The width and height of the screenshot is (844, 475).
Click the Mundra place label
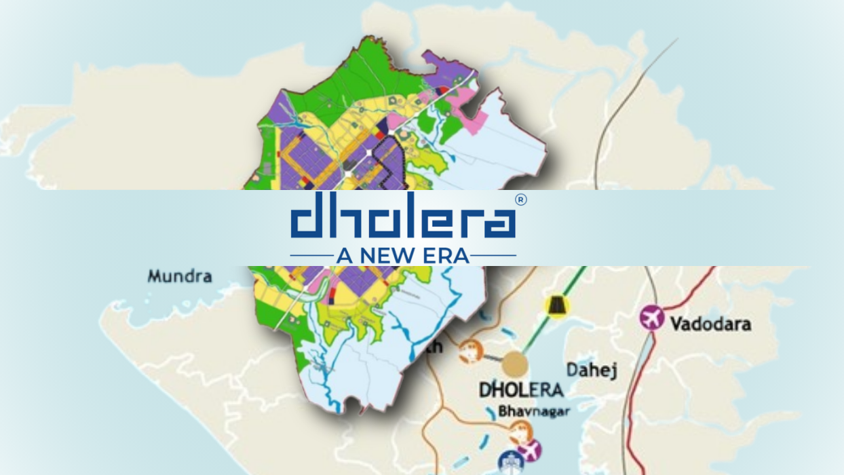point(180,276)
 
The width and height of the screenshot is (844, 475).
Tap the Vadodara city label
point(710,324)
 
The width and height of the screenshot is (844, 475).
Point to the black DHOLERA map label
point(520,389)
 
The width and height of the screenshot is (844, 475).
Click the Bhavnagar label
point(524,411)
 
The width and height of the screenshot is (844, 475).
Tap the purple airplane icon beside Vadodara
point(652,318)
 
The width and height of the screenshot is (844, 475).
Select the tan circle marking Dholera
point(515,364)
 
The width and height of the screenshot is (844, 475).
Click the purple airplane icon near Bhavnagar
point(529,449)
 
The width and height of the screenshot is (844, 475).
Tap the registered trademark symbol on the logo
point(520,199)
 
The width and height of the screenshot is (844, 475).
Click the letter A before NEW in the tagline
point(343,256)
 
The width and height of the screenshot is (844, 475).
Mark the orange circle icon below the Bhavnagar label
point(520,430)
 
